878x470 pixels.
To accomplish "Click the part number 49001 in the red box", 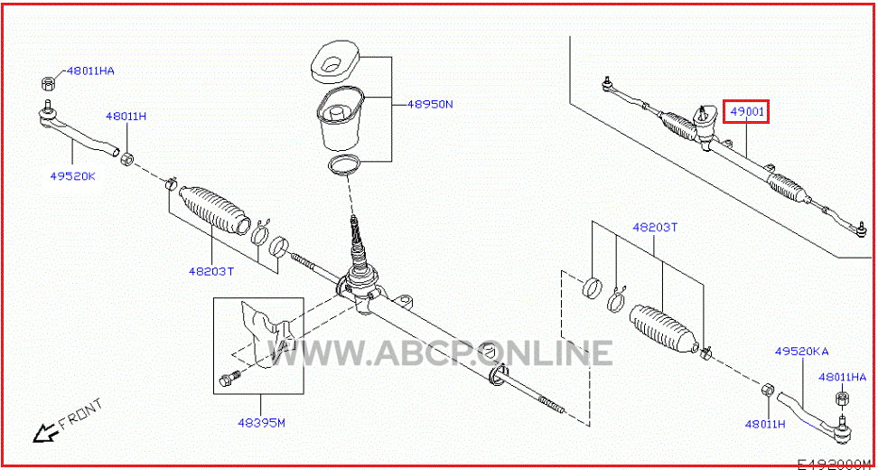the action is coord(746,112).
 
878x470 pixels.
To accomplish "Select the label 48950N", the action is coord(429,104).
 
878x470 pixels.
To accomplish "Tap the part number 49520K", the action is coord(73,176).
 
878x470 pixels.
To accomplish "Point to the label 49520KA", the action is coord(801,352).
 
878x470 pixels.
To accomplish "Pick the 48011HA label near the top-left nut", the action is coord(90,71).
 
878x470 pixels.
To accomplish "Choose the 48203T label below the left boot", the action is coord(210,271).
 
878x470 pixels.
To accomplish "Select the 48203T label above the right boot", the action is coord(655,228).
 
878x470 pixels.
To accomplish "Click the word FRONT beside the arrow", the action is coord(80,413).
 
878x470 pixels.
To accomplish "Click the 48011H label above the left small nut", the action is coord(126,117).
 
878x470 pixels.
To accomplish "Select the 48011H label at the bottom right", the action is coord(765,424).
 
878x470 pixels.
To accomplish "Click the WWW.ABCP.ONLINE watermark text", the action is coord(439,352).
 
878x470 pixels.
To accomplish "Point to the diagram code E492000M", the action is coord(836,465).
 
